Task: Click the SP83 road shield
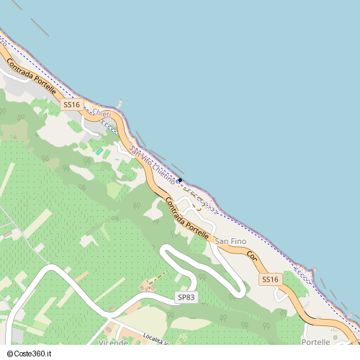tap(186, 297)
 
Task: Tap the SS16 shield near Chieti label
tap(71, 105)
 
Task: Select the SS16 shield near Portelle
tap(270, 279)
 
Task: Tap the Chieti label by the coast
tap(102, 113)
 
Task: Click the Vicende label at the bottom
tap(114, 343)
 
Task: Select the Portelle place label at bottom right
tap(316, 342)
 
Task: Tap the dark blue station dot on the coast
tap(180, 180)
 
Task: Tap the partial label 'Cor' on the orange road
tap(252, 256)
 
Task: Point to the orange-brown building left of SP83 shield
tap(150, 285)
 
